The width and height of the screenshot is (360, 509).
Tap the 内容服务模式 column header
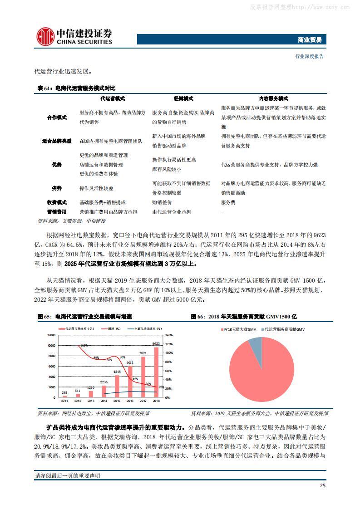pos(273,98)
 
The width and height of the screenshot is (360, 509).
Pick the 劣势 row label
pos(57,188)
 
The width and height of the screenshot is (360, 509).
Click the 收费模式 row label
pos(57,202)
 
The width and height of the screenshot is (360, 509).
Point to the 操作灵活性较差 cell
pos(96,188)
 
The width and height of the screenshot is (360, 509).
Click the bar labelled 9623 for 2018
pos(157,372)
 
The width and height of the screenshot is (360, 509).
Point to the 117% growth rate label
pos(84,346)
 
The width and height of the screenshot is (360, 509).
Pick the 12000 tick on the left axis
pos(51,335)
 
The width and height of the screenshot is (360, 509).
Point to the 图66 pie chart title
pos(244,316)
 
